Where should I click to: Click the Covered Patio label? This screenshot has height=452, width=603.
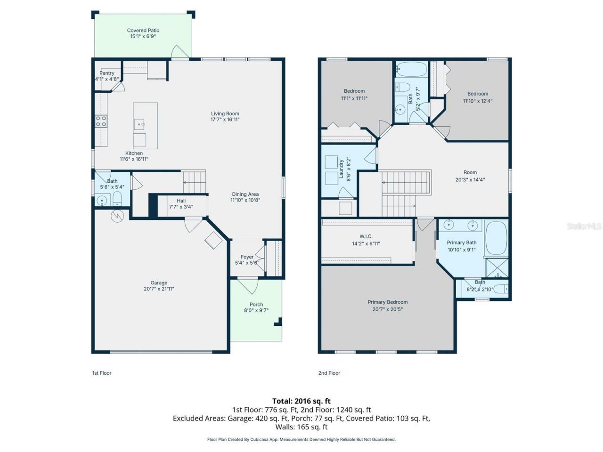pyautogui.click(x=143, y=31)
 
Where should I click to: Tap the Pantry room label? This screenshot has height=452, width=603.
pyautogui.click(x=107, y=73)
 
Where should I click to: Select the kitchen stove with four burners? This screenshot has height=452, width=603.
pyautogui.click(x=101, y=121)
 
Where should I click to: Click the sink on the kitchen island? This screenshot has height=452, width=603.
pyautogui.click(x=140, y=125)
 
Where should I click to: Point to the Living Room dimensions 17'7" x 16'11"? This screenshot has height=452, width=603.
pyautogui.click(x=225, y=120)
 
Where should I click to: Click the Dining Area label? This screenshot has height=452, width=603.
pyautogui.click(x=245, y=194)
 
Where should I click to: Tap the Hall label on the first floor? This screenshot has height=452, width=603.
pyautogui.click(x=181, y=201)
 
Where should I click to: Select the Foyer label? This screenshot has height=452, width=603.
pyautogui.click(x=247, y=257)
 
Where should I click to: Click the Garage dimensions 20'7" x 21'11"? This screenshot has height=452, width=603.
pyautogui.click(x=159, y=289)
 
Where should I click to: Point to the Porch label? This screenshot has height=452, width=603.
pyautogui.click(x=256, y=305)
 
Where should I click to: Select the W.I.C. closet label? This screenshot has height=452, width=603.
pyautogui.click(x=366, y=236)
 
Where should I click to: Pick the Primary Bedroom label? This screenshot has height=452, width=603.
pyautogui.click(x=388, y=302)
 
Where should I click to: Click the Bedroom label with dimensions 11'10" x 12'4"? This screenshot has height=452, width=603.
pyautogui.click(x=478, y=94)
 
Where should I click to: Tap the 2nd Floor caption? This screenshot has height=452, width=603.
pyautogui.click(x=329, y=373)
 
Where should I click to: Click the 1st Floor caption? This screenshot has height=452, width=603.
pyautogui.click(x=102, y=373)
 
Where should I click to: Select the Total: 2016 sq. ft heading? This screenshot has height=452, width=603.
pyautogui.click(x=301, y=401)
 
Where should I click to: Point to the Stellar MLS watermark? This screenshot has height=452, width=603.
pyautogui.click(x=584, y=226)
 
